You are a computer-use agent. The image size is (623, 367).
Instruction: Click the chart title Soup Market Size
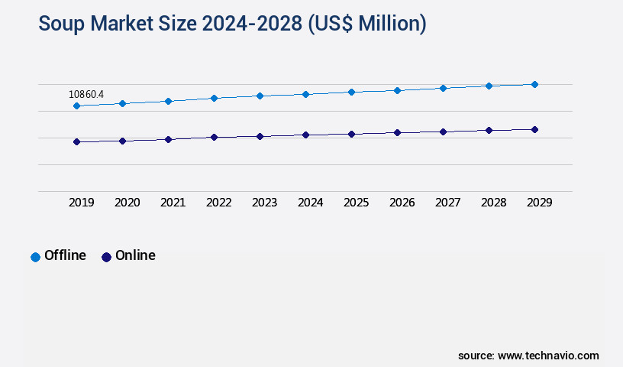pyautogui.click(x=232, y=24)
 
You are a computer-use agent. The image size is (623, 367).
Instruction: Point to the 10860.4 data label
pyautogui.click(x=86, y=94)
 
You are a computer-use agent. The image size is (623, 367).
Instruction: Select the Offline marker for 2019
pyautogui.click(x=76, y=106)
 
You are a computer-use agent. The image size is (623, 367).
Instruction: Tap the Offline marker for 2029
pyautogui.click(x=534, y=84)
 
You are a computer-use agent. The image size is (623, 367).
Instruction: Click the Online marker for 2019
pyautogui.click(x=76, y=141)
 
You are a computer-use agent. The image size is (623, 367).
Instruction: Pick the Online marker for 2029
pyautogui.click(x=534, y=129)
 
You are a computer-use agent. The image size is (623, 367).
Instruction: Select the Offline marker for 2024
pyautogui.click(x=305, y=94)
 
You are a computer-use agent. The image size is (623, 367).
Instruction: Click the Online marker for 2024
pyautogui.click(x=305, y=135)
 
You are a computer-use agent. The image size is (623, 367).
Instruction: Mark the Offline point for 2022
pyautogui.click(x=214, y=98)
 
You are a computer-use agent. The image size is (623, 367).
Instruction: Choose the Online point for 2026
pyautogui.click(x=397, y=132)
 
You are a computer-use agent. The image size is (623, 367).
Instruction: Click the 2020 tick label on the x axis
pyautogui.click(x=128, y=203)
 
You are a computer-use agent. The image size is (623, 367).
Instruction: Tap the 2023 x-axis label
pyautogui.click(x=265, y=203)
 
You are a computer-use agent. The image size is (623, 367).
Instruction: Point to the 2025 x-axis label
pyautogui.click(x=357, y=203)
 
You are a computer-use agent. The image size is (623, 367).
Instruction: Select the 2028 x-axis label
pyautogui.click(x=494, y=203)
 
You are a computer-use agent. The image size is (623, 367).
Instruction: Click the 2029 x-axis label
pyautogui.click(x=540, y=203)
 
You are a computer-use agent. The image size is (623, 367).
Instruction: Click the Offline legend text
pyautogui.click(x=65, y=255)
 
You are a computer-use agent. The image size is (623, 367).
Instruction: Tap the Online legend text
pyautogui.click(x=135, y=255)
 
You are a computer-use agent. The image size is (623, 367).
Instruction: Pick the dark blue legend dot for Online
pyautogui.click(x=106, y=257)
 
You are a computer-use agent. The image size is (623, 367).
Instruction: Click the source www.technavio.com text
pyautogui.click(x=528, y=356)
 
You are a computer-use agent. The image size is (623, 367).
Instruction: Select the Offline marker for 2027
pyautogui.click(x=443, y=88)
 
